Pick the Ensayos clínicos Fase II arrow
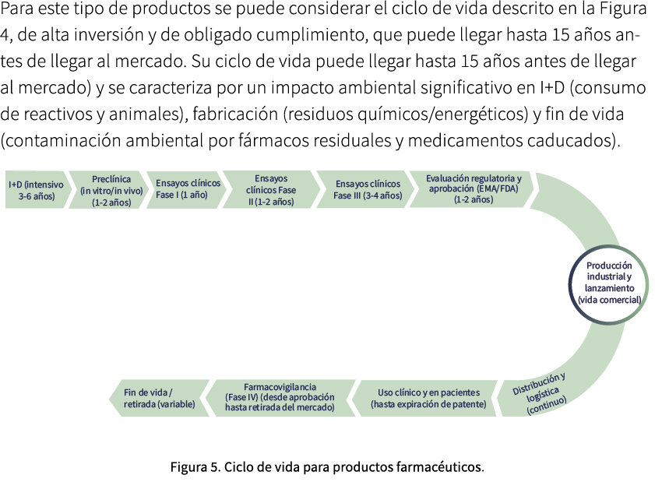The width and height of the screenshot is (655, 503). click(271, 190)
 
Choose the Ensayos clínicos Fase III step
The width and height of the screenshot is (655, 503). click(367, 189)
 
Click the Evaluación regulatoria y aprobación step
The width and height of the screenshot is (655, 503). click(472, 188)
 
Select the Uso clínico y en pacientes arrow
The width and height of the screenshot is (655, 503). click(428, 398)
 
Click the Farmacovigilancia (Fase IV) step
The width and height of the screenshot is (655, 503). click(279, 397)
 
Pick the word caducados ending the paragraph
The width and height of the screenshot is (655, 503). click(580, 141)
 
